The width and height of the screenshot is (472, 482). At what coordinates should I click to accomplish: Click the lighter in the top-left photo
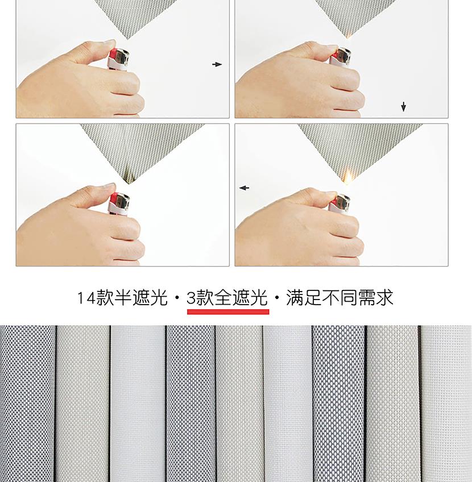coord(119,59)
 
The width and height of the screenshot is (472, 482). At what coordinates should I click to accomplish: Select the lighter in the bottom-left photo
coord(119,204)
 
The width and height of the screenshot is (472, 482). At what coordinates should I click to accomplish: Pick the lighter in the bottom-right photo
coord(339,202)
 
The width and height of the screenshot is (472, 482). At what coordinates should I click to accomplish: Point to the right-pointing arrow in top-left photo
coord(217,64)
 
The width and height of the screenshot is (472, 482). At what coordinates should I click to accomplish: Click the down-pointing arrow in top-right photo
coord(403,107)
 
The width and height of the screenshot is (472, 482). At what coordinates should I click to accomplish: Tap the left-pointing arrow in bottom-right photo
coord(244,188)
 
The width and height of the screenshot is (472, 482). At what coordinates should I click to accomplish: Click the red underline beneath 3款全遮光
coord(228,311)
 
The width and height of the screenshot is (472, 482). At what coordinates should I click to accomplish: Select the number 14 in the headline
coord(86,298)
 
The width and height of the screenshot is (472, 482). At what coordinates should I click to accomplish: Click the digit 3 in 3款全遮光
coord(191,298)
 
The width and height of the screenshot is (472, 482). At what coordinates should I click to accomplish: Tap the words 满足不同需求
coord(339,298)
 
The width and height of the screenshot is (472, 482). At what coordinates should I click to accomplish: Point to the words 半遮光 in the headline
coord(141,298)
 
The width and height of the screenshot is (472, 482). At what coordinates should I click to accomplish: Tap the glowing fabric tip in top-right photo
coord(349,35)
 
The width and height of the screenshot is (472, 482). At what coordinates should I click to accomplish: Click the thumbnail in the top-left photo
coord(109,43)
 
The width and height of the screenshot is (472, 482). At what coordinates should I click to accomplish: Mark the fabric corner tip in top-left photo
coord(127,39)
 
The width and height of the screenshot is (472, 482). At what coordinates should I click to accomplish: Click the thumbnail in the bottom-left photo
coord(109,186)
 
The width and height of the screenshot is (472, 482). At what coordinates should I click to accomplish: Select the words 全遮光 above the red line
coord(241,298)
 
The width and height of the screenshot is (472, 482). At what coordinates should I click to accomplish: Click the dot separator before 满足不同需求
coord(277,298)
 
